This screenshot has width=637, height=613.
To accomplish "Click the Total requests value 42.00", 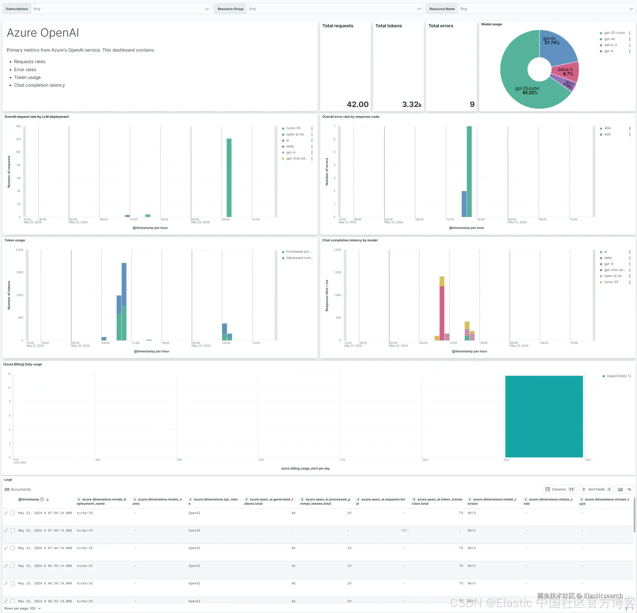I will pyautogui.click(x=358, y=104).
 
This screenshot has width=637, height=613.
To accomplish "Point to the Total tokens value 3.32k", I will pyautogui.click(x=411, y=104).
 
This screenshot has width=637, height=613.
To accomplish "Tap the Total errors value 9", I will pyautogui.click(x=472, y=104).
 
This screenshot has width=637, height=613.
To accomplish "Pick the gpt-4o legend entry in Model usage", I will pyautogui.click(x=609, y=39).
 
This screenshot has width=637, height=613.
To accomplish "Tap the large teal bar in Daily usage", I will pyautogui.click(x=544, y=416).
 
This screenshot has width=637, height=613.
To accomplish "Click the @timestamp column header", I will pyautogui.click(x=29, y=499).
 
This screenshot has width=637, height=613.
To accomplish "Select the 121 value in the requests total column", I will pyautogui.click(x=404, y=531).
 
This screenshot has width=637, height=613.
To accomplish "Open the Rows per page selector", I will pyautogui.click(x=23, y=608).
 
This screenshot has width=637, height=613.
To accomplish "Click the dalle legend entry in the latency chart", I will pyautogui.click(x=608, y=258).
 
